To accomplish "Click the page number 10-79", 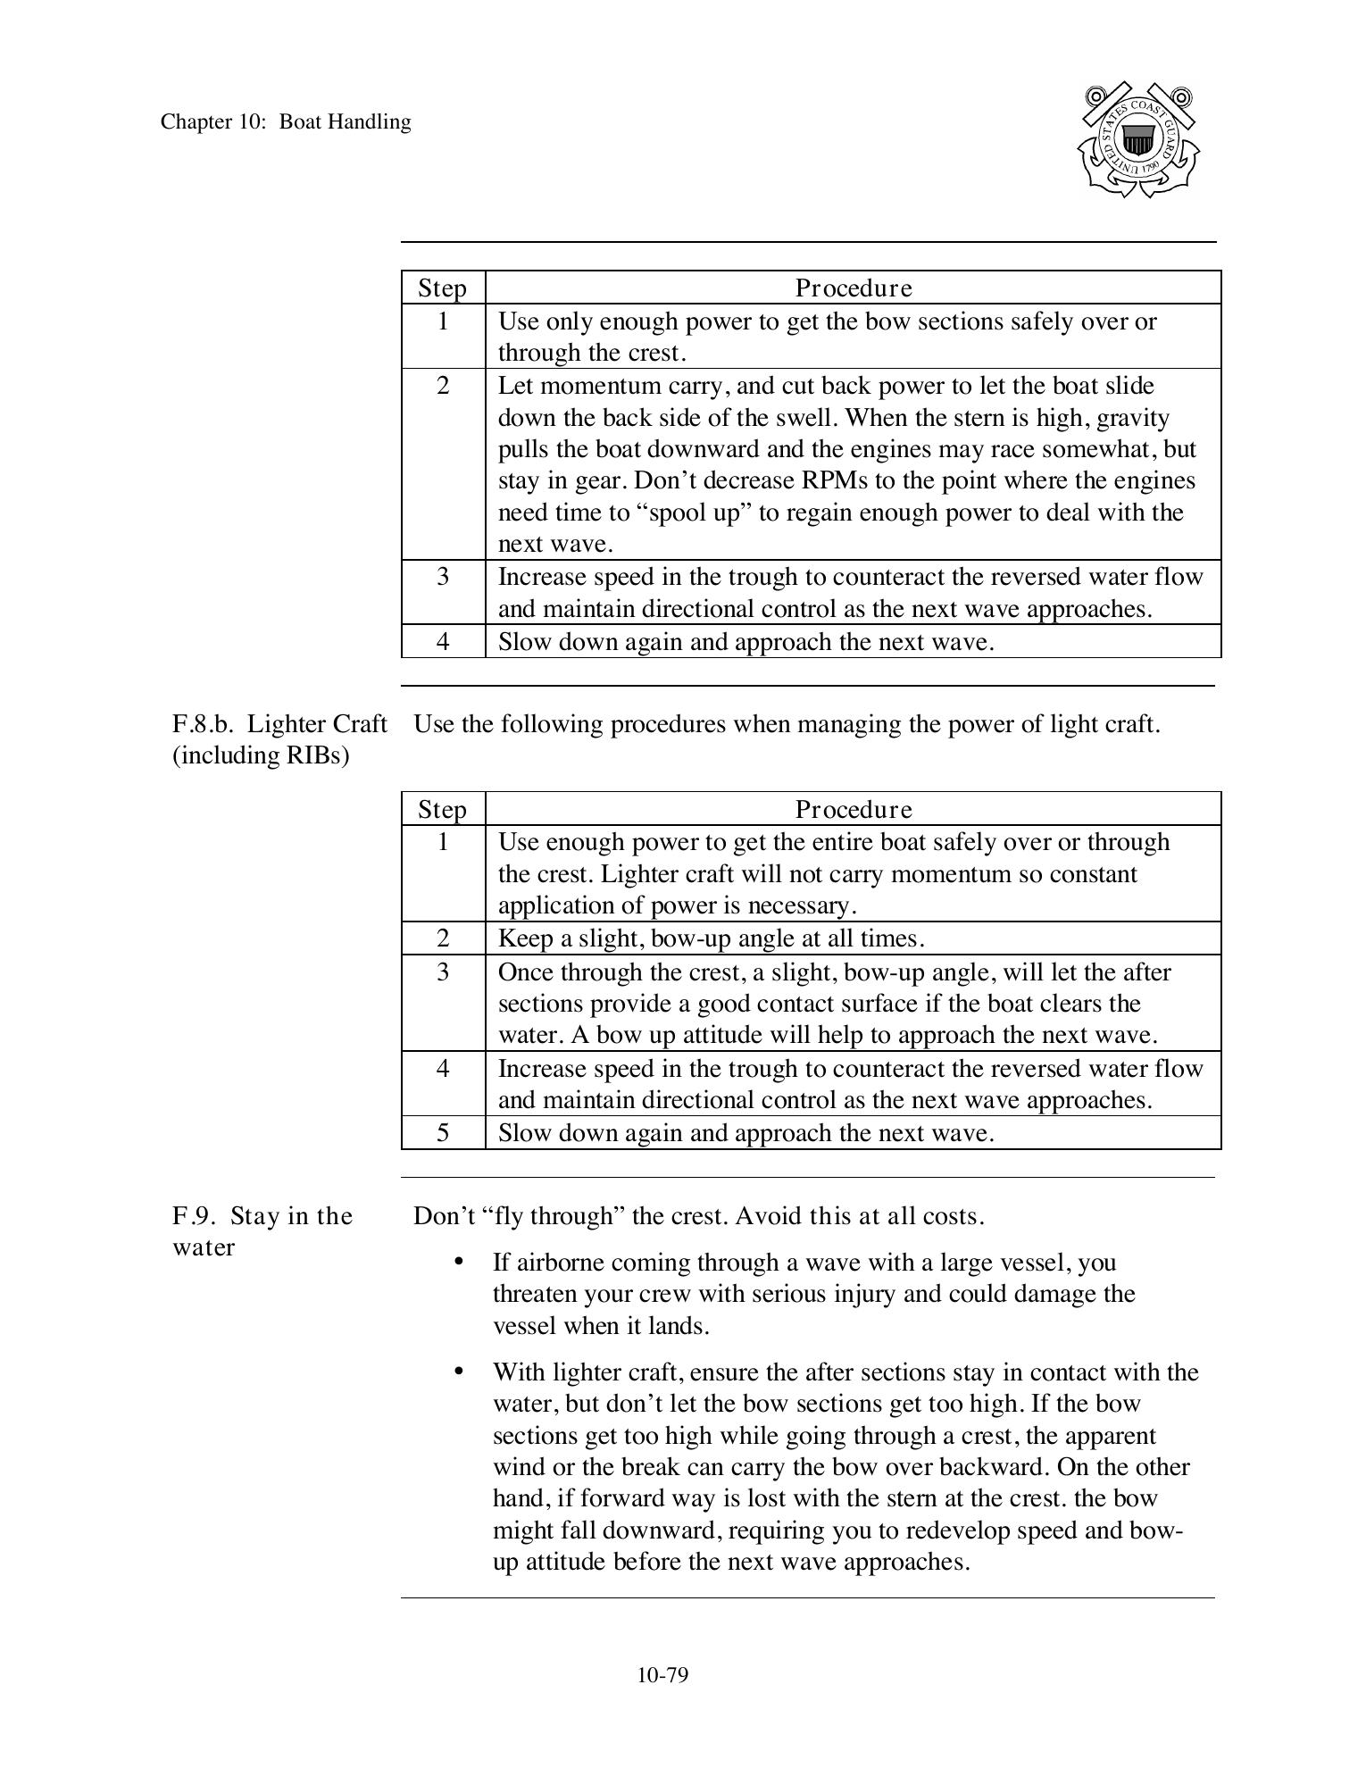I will coord(662,1675).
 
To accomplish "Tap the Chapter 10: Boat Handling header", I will coord(286,122).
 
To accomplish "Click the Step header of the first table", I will coord(443,288).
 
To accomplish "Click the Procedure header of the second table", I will coord(854,809).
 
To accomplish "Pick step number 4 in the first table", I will coord(443,641).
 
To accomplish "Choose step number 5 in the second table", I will coord(443,1132).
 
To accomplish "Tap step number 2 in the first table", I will coord(443,386).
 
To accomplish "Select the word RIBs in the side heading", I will coord(312,755).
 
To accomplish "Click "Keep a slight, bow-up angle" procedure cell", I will coord(711,938).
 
